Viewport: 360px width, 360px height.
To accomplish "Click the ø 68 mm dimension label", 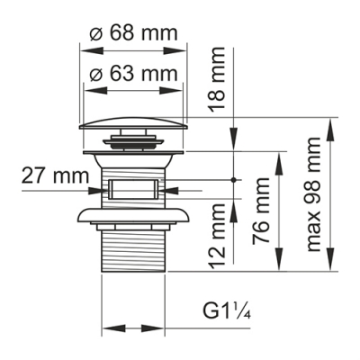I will (134, 33).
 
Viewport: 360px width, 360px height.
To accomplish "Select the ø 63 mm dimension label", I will (134, 69).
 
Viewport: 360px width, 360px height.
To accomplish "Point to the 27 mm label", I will (48, 175).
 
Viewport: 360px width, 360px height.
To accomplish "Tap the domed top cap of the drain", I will (136, 124).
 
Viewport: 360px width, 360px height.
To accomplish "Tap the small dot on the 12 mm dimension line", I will (237, 179).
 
